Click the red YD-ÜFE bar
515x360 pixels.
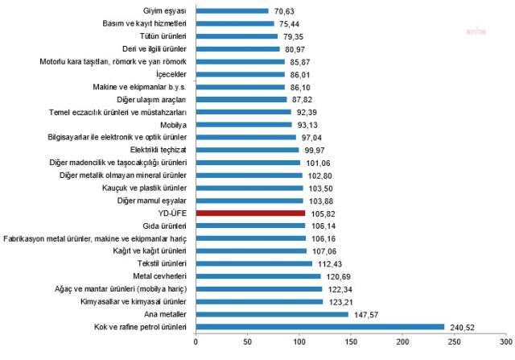249,213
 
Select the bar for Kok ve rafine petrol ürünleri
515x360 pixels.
319,327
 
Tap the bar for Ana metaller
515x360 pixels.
270,314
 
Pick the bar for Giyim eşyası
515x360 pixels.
231,11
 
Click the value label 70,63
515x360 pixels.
284,11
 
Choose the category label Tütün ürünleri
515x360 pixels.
159,36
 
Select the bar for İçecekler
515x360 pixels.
239,74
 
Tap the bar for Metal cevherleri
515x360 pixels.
257,276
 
